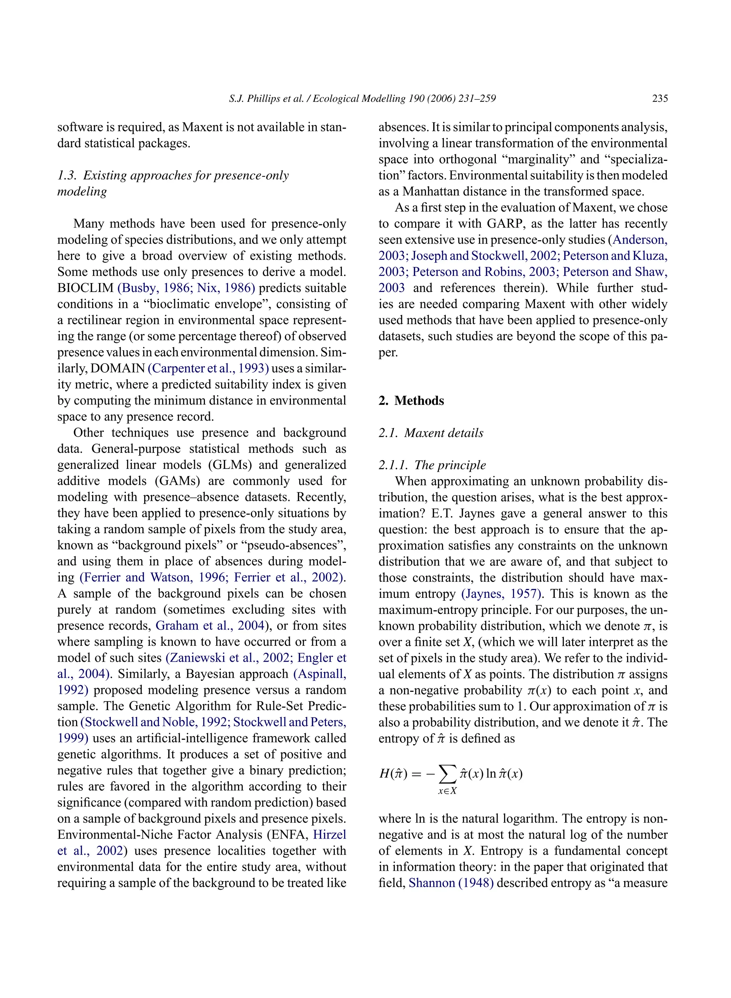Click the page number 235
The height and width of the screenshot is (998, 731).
[x=660, y=98]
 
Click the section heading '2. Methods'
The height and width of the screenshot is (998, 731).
[x=411, y=401]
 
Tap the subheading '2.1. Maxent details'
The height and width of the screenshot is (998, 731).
[x=430, y=433]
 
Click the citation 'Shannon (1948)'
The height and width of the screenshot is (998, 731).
[x=451, y=883]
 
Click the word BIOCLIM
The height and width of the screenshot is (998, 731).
[x=85, y=288]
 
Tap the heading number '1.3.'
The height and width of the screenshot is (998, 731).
[x=67, y=175]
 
